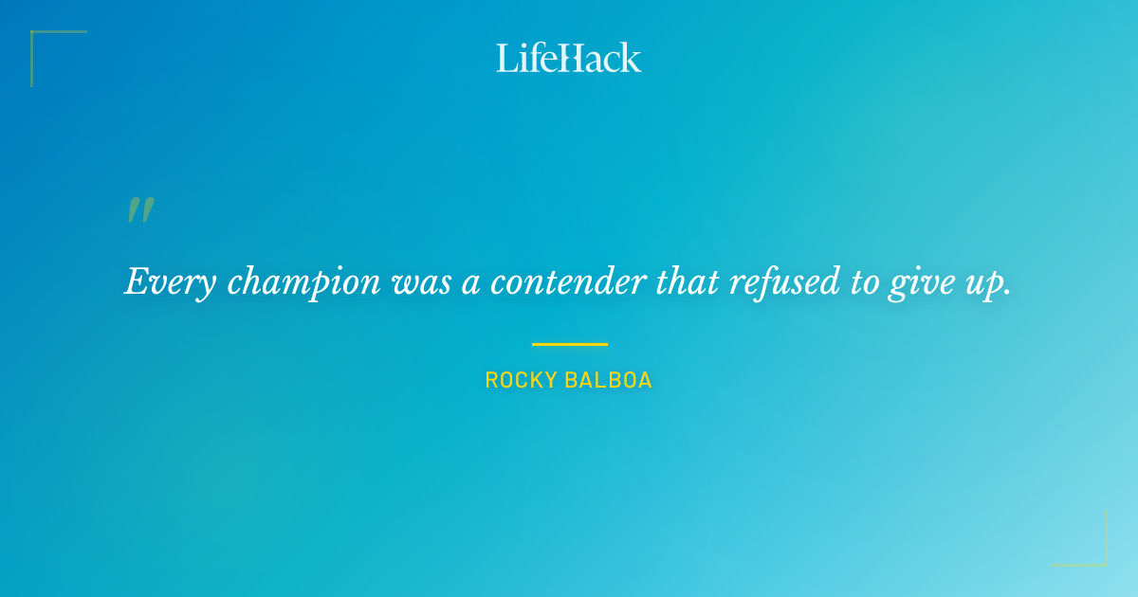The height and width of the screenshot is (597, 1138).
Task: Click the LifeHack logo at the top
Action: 569,58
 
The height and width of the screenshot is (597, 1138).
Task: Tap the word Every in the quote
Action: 158,282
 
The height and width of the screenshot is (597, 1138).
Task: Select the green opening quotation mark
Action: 140,210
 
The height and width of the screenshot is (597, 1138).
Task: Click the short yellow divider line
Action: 569,344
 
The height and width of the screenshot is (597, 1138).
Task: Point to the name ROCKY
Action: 521,381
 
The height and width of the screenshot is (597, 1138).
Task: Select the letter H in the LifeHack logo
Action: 569,58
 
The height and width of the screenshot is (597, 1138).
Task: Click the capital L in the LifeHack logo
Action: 506,58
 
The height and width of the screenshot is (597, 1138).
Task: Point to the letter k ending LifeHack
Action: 632,58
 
